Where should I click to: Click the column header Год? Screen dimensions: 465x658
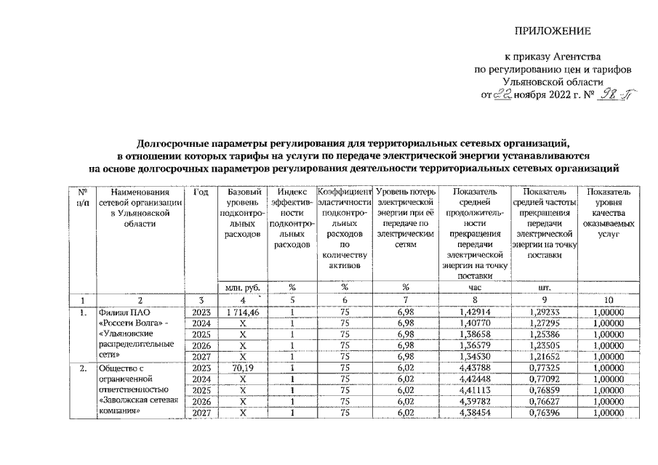(x=203, y=193)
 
